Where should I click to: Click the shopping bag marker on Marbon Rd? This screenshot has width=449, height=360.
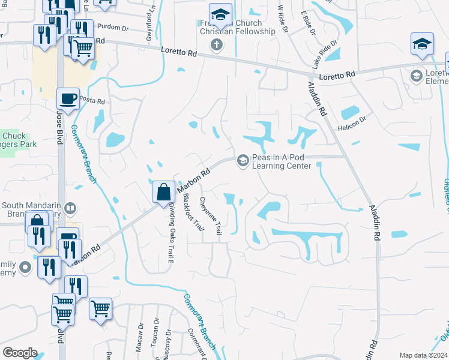163,193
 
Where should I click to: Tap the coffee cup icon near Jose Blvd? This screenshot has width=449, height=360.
68,98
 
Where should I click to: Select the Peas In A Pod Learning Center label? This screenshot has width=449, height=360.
281,161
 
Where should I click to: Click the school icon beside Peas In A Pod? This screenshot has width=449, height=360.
243,160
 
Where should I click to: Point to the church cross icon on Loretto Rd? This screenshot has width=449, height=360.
217,44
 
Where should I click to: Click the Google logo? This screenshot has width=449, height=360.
20,353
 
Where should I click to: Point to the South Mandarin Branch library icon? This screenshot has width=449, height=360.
70,208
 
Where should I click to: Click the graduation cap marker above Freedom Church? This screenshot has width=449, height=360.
220,13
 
